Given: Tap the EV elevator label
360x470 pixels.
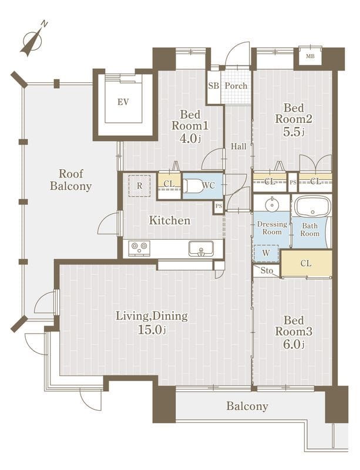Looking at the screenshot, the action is click(x=123, y=102).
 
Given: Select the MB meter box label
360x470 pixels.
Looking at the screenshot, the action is click(x=310, y=56).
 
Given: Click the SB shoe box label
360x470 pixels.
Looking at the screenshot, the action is click(x=213, y=86).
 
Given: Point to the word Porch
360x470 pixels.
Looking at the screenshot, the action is click(x=236, y=86).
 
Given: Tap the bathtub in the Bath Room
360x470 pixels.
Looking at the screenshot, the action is click(x=312, y=207).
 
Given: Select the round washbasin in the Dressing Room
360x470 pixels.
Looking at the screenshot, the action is click(x=272, y=204).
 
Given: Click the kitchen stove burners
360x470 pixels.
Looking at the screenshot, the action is click(x=139, y=248).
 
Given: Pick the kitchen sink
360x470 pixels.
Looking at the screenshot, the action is click(x=201, y=249).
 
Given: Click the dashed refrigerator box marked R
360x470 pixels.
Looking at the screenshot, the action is click(x=139, y=186).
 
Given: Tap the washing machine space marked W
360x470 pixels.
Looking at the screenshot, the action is click(x=266, y=253).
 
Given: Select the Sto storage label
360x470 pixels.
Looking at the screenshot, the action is click(x=267, y=271).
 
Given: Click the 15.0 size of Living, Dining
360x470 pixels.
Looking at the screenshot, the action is click(x=152, y=330).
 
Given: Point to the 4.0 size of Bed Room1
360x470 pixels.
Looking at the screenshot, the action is click(x=190, y=138).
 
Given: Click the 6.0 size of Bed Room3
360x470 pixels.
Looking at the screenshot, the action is click(x=294, y=344).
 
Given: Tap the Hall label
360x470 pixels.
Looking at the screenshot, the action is click(x=238, y=146).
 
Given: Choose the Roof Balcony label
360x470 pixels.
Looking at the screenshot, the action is click(x=70, y=180).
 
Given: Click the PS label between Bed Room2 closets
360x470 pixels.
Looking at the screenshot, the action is click(x=293, y=182).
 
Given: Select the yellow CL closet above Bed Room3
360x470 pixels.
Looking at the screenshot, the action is click(x=307, y=263).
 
